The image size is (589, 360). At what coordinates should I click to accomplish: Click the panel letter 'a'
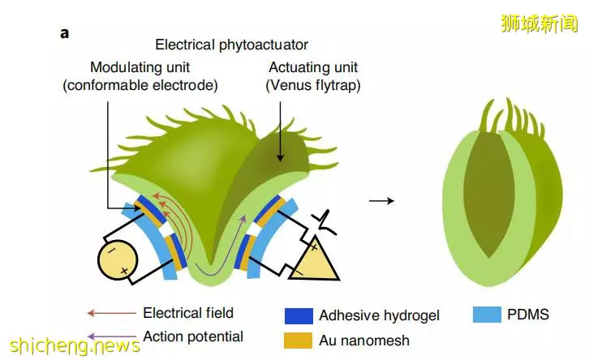tap(65, 33)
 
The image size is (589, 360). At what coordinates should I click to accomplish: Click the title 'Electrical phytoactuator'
tap(232, 45)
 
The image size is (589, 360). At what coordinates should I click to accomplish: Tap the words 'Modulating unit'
tap(140, 67)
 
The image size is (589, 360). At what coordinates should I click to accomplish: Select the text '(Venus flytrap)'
tap(313, 85)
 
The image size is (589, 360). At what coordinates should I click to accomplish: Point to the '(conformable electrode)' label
tap(140, 85)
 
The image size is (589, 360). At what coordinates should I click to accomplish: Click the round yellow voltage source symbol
tap(118, 259)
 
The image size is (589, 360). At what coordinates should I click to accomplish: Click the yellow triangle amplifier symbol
tap(314, 260)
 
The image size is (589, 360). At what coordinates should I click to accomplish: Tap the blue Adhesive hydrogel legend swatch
tap(299, 315)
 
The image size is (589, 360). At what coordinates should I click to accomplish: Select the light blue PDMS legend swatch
tap(487, 315)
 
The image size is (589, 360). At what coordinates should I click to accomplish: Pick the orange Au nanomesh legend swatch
tap(299, 340)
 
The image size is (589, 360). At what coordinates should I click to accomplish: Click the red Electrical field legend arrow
tap(112, 313)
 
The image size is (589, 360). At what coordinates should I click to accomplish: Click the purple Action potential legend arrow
tap(112, 336)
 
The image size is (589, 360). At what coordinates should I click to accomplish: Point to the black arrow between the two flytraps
tap(381, 201)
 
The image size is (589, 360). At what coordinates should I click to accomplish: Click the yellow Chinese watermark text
tap(539, 24)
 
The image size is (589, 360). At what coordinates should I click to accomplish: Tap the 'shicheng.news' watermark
tap(75, 345)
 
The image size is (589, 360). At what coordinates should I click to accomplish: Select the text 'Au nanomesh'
tap(364, 341)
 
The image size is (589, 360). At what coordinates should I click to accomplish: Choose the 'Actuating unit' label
tap(313, 67)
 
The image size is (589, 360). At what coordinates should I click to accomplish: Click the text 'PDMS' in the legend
tap(528, 315)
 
